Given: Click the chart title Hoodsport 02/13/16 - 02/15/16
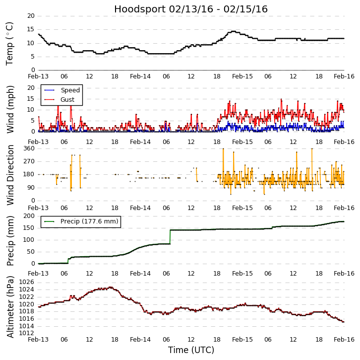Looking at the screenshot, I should pyautogui.click(x=191, y=9).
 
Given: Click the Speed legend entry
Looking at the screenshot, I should pyautogui.click(x=70, y=90).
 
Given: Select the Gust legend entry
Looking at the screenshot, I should pyautogui.click(x=67, y=100).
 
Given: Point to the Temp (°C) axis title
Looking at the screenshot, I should pyautogui.click(x=10, y=43).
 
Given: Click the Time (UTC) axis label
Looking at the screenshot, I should pyautogui.click(x=191, y=350).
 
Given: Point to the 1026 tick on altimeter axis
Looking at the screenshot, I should pyautogui.click(x=26, y=282).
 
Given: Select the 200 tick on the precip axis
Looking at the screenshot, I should pyautogui.click(x=29, y=216).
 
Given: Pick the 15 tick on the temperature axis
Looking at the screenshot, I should pyautogui.click(x=31, y=29).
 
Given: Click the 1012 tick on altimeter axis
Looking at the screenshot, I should pyautogui.click(x=26, y=333).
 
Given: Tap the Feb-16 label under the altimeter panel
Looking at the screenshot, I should pyautogui.click(x=344, y=340).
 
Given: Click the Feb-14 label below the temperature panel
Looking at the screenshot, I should pyautogui.click(x=140, y=76).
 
